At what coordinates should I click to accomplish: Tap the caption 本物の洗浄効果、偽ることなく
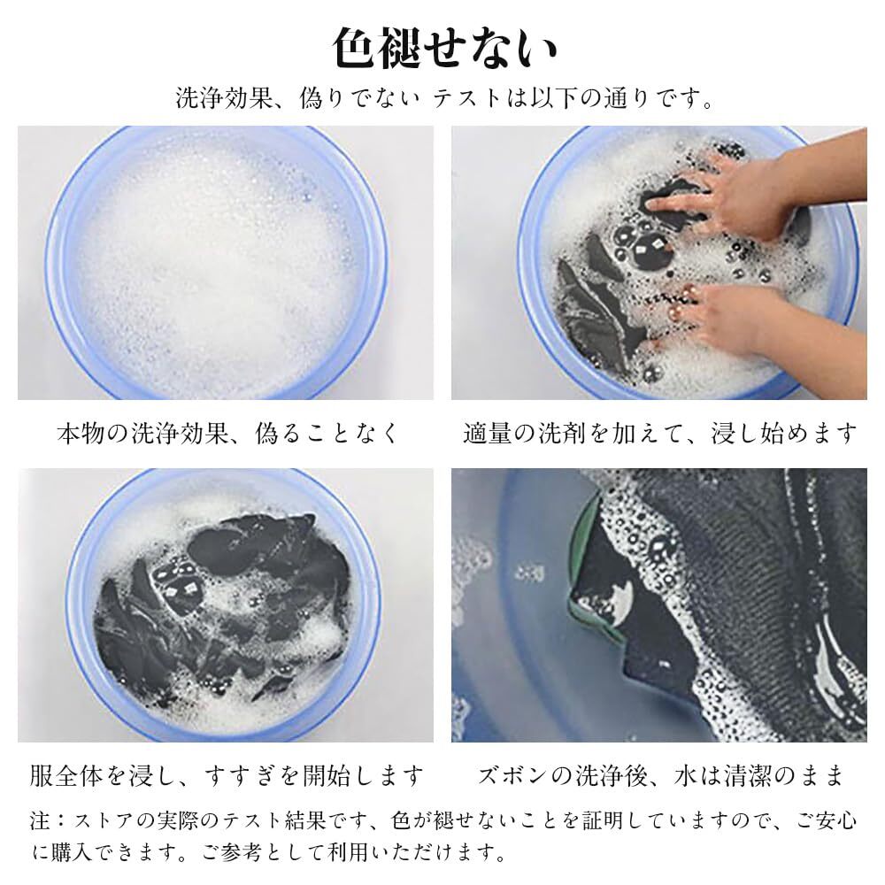pos(227,434)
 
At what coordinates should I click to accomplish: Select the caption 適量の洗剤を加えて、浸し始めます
pos(659,434)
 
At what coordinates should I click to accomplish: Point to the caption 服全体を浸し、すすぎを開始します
pos(227,775)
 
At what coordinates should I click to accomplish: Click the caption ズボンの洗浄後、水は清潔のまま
pos(659,775)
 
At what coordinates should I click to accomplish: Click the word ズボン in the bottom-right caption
pos(512,775)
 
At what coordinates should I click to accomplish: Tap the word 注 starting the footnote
pos(40,820)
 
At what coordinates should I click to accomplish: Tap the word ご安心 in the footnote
pos(827,820)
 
